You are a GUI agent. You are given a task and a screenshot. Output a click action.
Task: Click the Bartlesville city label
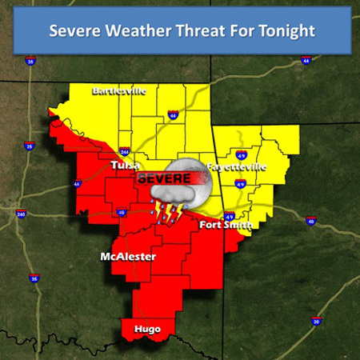tap(119, 90)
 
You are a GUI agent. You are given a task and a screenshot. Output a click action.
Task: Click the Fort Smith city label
tap(226, 226)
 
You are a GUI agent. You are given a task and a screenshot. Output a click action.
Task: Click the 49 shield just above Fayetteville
tap(241, 155)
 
